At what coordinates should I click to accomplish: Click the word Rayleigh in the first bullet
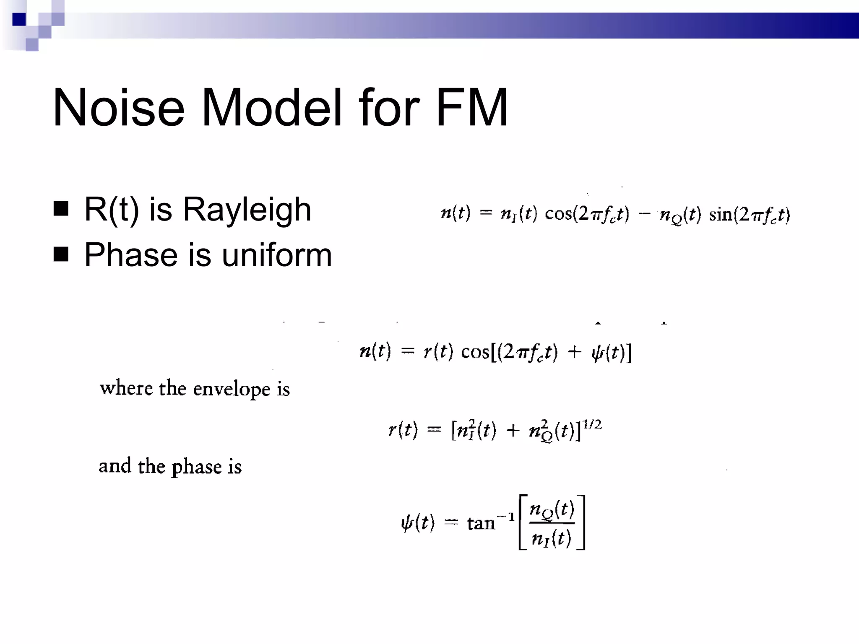[247, 210]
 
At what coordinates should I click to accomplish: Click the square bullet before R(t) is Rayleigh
[61, 208]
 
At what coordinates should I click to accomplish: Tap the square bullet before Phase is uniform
[61, 254]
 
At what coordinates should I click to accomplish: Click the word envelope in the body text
[232, 389]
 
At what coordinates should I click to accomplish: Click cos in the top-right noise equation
[558, 214]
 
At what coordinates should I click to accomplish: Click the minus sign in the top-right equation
[644, 214]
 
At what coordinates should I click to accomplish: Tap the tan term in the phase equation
[481, 523]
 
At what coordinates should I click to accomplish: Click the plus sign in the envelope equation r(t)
[513, 431]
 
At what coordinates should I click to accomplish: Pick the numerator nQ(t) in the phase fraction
[552, 510]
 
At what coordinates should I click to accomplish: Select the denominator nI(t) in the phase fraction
[552, 538]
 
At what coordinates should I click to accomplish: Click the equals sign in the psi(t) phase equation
[451, 522]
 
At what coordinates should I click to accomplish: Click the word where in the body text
[126, 388]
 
